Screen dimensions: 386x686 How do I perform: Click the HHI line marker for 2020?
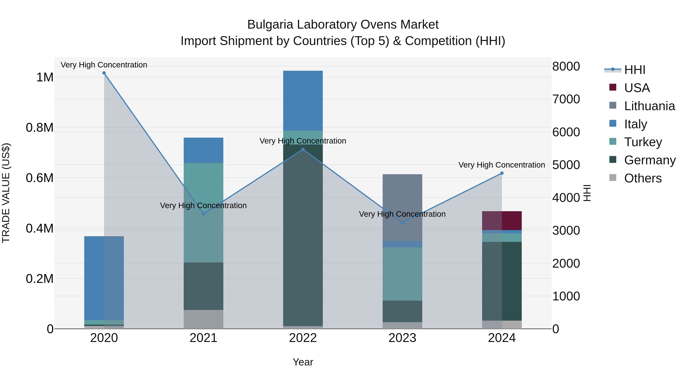coord(104,73)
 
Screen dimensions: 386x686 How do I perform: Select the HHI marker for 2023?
coord(402,223)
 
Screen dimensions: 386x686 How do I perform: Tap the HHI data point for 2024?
coord(502,173)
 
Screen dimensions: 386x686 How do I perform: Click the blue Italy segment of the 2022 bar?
coord(303,101)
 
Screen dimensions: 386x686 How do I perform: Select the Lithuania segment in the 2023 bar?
coord(402,208)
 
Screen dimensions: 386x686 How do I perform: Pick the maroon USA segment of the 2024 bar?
coord(502,221)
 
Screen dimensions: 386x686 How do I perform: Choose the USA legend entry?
coord(636,88)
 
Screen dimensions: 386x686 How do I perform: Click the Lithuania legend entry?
coord(649,106)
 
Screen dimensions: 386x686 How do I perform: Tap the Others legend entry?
coord(642,178)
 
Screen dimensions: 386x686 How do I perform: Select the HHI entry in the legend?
coord(634,70)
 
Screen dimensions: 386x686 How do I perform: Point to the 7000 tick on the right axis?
coord(566,99)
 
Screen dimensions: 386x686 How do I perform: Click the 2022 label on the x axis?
coord(303,338)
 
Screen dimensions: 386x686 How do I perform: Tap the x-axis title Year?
coord(303,362)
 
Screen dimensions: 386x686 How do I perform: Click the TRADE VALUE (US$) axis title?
coord(6,193)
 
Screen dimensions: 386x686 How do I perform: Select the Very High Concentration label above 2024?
coord(502,165)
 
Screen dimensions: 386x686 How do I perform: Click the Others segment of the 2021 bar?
coord(204,319)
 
